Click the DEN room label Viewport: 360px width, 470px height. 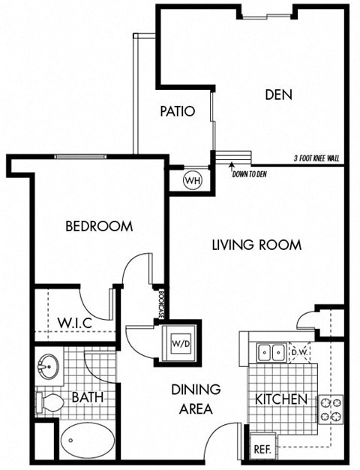(x=278, y=95)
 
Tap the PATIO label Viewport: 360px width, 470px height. (x=178, y=112)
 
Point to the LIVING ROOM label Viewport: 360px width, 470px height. (x=256, y=245)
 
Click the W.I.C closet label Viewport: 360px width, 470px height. (x=75, y=324)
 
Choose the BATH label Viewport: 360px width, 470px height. (x=87, y=396)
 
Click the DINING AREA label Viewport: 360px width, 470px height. (x=196, y=399)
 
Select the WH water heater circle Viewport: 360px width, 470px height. (x=192, y=181)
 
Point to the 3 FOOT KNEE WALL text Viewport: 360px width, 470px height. (x=318, y=158)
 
